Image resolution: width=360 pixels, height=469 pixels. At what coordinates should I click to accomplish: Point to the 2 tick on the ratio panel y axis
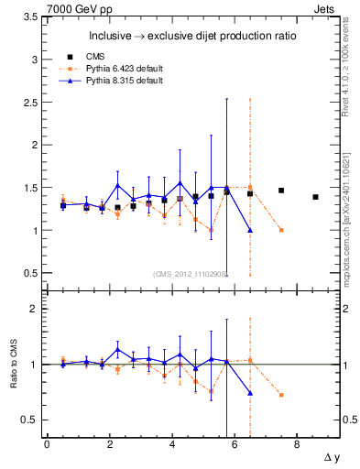tap(36, 309)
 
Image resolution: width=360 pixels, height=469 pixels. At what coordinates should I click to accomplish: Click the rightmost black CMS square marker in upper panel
tap(315, 197)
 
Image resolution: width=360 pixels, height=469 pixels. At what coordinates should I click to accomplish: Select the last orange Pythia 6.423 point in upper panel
tap(281, 230)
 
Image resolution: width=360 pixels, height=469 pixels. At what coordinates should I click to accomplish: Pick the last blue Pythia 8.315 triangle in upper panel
tap(250, 230)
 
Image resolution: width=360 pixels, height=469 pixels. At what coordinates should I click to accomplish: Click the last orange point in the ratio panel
tap(281, 395)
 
